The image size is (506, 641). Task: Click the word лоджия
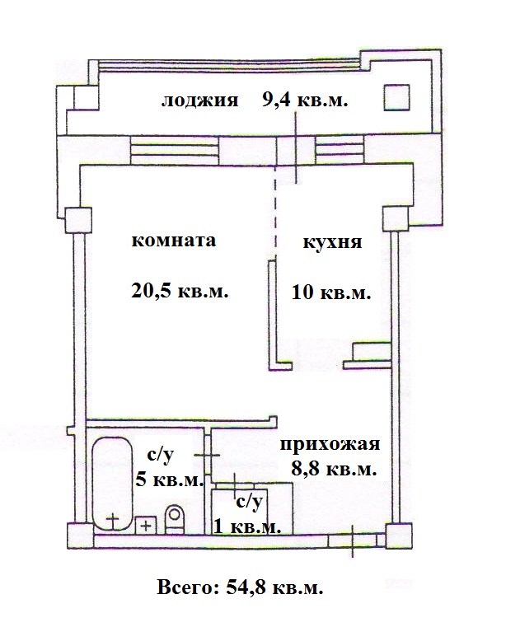click(x=199, y=101)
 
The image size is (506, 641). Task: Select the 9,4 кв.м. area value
click(x=305, y=99)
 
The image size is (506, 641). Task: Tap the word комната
click(x=173, y=240)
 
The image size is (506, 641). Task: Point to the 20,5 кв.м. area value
click(x=180, y=291)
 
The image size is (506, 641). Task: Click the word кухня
click(x=332, y=242)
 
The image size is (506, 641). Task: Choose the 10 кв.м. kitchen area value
click(x=331, y=292)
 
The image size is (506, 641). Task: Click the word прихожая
click(x=330, y=444)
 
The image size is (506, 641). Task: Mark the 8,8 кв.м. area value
click(x=334, y=469)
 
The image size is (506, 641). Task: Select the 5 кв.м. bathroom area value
click(x=169, y=480)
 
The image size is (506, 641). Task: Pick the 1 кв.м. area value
click(x=247, y=526)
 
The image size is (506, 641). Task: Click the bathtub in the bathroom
click(x=112, y=484)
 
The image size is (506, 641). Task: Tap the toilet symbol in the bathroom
click(x=175, y=519)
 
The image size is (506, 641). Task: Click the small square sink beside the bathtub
click(x=146, y=525)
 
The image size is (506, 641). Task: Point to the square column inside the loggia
click(x=396, y=97)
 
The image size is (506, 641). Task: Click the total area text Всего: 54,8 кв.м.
click(x=240, y=587)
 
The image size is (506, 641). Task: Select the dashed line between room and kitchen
click(x=275, y=212)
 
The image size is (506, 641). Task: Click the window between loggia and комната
click(x=174, y=150)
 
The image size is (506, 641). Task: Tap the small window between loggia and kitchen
click(x=340, y=150)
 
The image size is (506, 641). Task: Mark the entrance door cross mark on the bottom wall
click(x=353, y=541)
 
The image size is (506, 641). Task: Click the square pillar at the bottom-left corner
click(x=80, y=536)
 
